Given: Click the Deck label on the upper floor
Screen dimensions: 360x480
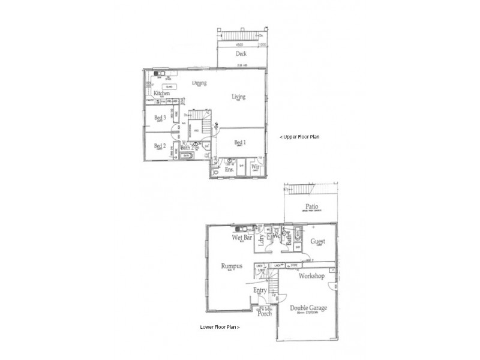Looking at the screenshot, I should (x=241, y=53).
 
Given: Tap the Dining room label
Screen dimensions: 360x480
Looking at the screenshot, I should (x=200, y=83).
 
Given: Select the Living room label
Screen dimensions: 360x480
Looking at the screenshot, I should (x=239, y=97).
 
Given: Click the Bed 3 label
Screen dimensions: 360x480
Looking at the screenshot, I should (x=160, y=118).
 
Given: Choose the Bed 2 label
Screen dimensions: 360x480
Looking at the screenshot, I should (x=159, y=146).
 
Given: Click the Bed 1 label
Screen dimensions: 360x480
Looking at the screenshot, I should (x=240, y=142).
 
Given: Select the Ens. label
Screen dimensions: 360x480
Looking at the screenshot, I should (x=229, y=169).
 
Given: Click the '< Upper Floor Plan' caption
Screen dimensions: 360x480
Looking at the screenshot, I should (x=300, y=137).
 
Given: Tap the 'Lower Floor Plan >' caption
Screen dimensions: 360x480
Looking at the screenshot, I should (x=220, y=328).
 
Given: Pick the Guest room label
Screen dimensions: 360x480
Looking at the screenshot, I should (x=318, y=242).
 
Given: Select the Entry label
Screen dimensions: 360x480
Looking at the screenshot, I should (x=260, y=290).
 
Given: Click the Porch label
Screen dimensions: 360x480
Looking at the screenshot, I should (x=265, y=313).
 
